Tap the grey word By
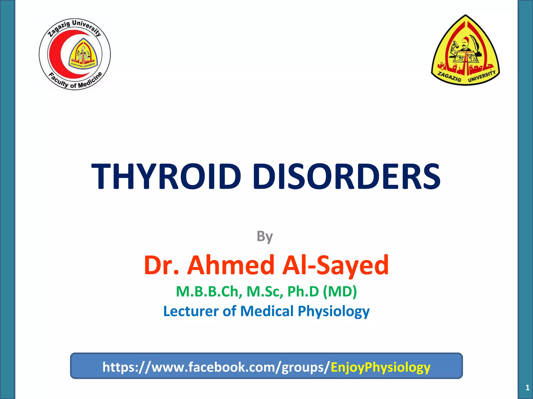pos(265,236)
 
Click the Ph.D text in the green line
pos(303,291)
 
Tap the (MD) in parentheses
pos(340,291)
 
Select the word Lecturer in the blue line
pos(191,311)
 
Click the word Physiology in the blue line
pos(334,311)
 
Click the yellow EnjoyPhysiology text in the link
pos(380,367)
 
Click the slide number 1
pos(527,388)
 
